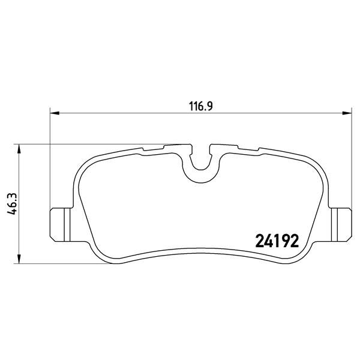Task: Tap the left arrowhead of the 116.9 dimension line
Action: (53, 112)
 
